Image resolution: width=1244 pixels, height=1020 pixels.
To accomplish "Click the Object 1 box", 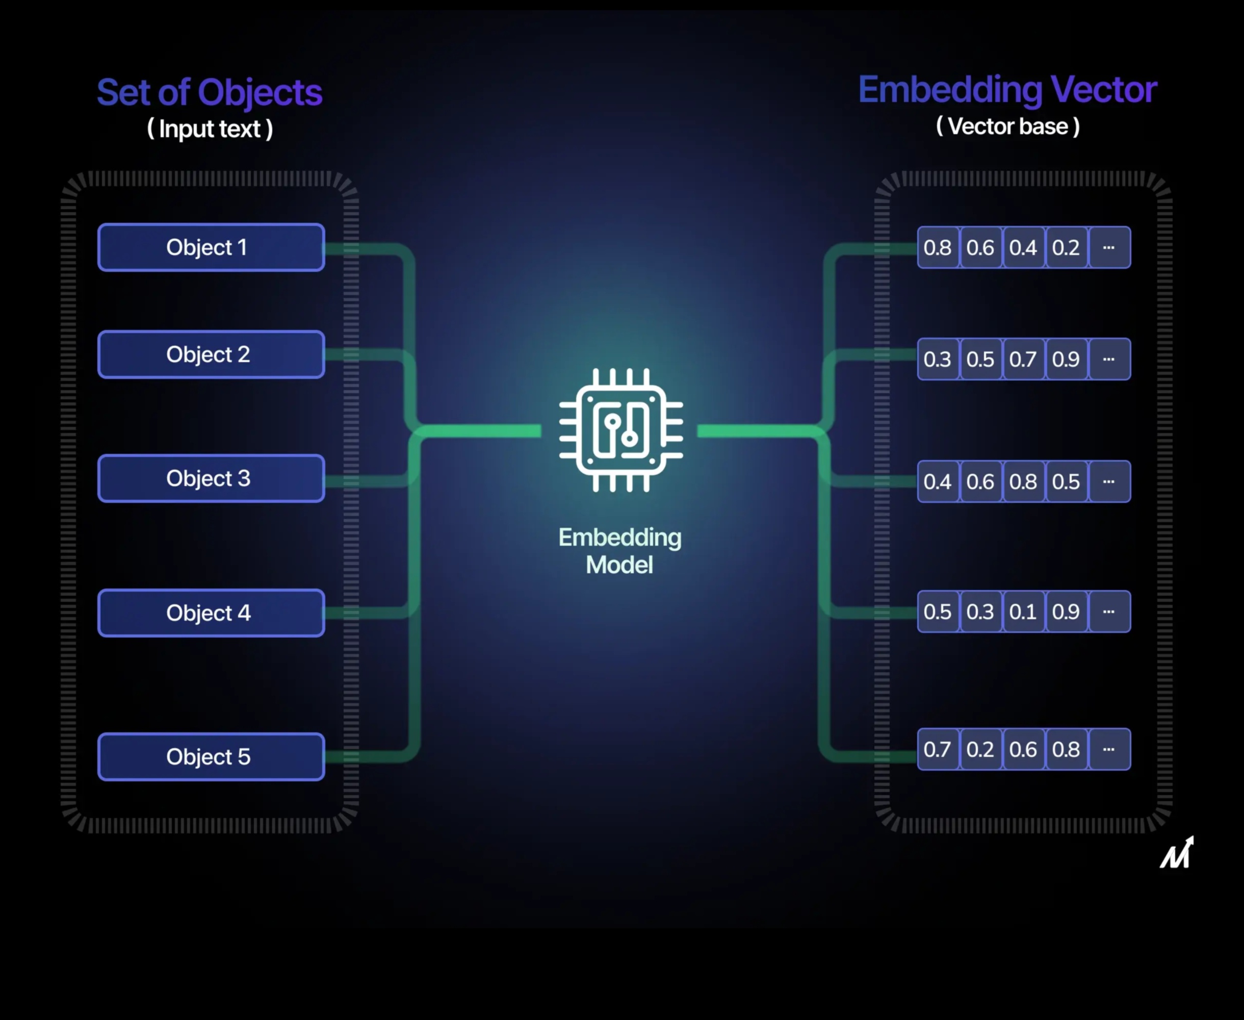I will click(x=211, y=247).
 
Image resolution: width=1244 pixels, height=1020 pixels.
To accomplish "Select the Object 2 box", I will click(x=211, y=354).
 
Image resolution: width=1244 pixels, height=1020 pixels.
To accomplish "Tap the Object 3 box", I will click(x=211, y=478).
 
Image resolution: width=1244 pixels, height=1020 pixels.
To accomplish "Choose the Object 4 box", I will click(x=211, y=613).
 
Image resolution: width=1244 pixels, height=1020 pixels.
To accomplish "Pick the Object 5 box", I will click(x=211, y=756).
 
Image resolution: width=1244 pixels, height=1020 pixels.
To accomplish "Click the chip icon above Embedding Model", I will click(x=621, y=430).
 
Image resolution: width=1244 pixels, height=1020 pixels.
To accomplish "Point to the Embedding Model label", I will click(x=619, y=550).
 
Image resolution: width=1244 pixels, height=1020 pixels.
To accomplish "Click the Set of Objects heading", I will click(x=210, y=92).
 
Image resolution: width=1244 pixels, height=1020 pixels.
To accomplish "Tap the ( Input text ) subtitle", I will click(x=210, y=129).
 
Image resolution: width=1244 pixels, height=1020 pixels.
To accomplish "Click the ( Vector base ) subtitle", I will click(x=1007, y=126).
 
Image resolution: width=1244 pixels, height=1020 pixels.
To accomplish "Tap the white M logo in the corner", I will click(x=1177, y=853).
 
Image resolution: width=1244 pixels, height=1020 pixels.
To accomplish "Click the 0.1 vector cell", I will click(x=1023, y=611).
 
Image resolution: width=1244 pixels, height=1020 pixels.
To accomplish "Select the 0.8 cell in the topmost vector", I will click(x=938, y=247).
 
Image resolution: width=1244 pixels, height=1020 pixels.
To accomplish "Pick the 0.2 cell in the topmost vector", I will click(x=1066, y=247).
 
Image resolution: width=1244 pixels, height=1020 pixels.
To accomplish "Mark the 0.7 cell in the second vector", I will click(x=1023, y=359).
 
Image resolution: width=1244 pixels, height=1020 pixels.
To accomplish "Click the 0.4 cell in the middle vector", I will click(x=938, y=482).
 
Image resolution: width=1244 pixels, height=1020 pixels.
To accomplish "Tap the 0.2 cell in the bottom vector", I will click(x=980, y=749).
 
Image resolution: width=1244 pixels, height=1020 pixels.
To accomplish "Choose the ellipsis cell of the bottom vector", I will click(x=1109, y=749).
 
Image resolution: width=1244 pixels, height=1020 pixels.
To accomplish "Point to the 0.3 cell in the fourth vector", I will click(x=980, y=611).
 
